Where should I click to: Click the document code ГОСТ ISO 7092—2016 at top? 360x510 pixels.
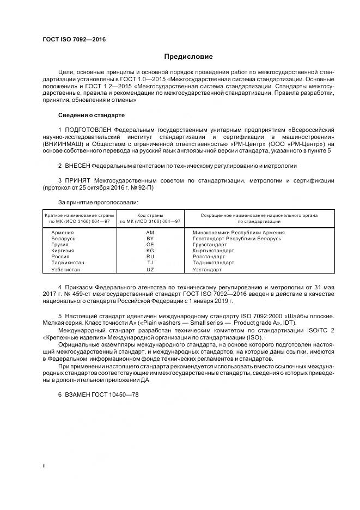click(x=74, y=40)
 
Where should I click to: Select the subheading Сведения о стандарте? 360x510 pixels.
click(x=91, y=116)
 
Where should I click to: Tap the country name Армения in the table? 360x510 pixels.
click(x=62, y=232)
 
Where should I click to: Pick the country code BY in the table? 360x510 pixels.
click(x=150, y=239)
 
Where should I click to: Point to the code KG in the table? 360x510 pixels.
click(x=150, y=251)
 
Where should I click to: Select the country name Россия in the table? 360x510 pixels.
click(x=60, y=257)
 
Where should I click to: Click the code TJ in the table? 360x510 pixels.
click(x=150, y=263)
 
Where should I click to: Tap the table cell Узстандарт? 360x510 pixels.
click(x=208, y=270)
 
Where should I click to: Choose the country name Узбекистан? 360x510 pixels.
click(x=65, y=270)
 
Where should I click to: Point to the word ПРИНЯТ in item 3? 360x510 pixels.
click(x=78, y=180)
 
